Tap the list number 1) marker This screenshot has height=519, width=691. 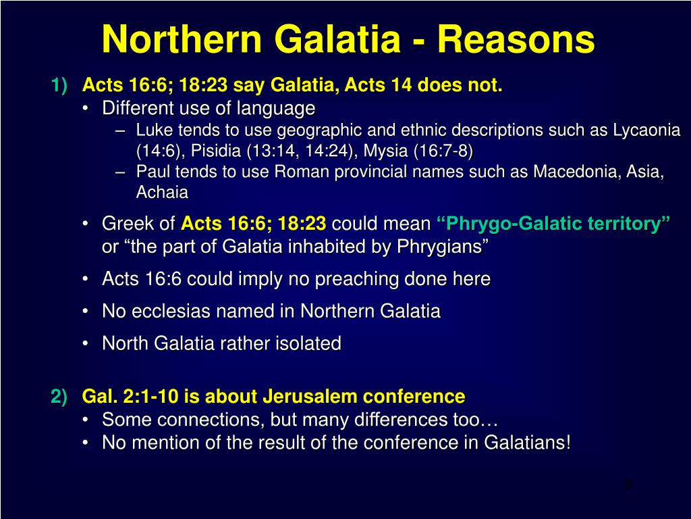[x=59, y=86]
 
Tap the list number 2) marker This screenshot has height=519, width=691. [x=59, y=396]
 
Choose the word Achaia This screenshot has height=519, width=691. [x=162, y=193]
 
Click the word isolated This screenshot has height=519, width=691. [x=307, y=343]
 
